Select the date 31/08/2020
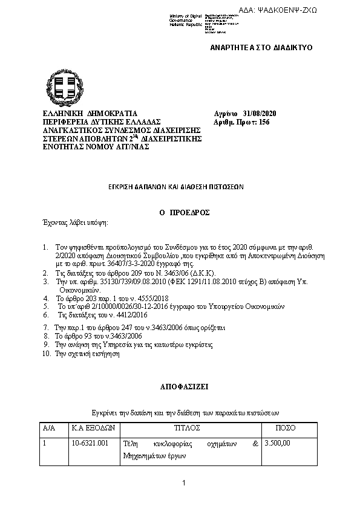pos(260,114)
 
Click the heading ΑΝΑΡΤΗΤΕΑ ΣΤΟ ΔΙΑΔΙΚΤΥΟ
pos(261,47)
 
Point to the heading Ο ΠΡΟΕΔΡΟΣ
pos(180,213)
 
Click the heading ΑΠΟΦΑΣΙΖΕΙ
pos(180,384)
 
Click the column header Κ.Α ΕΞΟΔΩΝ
pos(94,427)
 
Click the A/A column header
pos(49,427)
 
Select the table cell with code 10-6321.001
pos(90,443)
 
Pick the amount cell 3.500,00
pos(278,443)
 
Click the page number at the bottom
pos(182,483)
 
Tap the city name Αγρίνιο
pos(225,114)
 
